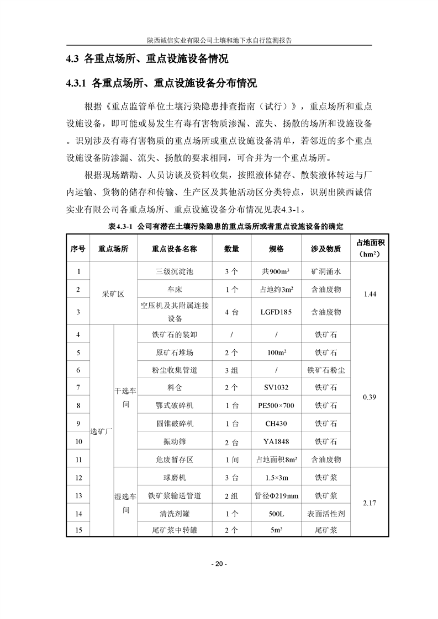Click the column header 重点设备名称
pyautogui.click(x=174, y=249)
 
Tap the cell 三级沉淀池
pyautogui.click(x=174, y=272)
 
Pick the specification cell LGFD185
pyautogui.click(x=276, y=312)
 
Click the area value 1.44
pyautogui.click(x=370, y=294)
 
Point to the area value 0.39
pyautogui.click(x=370, y=397)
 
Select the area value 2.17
pyautogui.click(x=370, y=503)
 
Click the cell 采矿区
pyautogui.click(x=113, y=294)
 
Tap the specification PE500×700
pyautogui.click(x=276, y=405)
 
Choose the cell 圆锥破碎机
pyautogui.click(x=174, y=424)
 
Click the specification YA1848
pyautogui.click(x=276, y=441)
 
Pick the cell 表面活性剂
pyautogui.click(x=326, y=513)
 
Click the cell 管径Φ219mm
pyautogui.click(x=276, y=495)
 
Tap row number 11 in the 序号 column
pyautogui.click(x=78, y=459)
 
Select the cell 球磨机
pyautogui.click(x=174, y=478)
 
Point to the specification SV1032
pyautogui.click(x=276, y=388)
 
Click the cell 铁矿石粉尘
pyautogui.click(x=326, y=370)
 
